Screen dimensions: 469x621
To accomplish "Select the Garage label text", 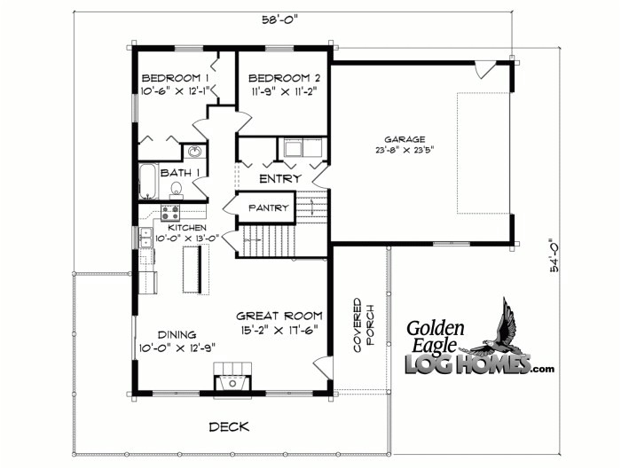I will click(405, 139).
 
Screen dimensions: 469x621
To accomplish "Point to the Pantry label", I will click(268, 207).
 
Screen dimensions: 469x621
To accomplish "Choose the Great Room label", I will click(279, 316).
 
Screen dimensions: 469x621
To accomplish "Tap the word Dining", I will click(177, 334).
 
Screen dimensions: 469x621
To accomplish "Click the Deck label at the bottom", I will click(229, 426).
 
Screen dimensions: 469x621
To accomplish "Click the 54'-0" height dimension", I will click(555, 256).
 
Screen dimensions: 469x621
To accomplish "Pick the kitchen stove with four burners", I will click(169, 213).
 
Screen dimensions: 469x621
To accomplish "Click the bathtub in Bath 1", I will click(147, 181).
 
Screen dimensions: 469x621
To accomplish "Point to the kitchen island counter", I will click(189, 268).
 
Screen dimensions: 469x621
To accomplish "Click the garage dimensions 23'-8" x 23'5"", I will click(405, 152).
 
